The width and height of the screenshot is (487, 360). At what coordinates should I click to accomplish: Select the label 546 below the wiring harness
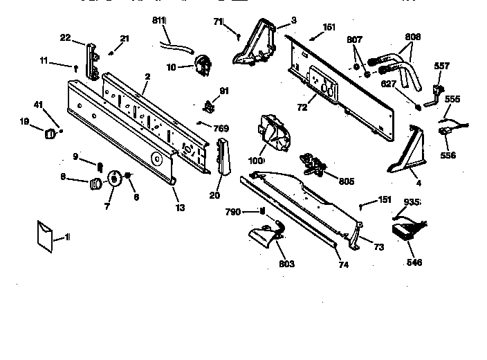(414, 262)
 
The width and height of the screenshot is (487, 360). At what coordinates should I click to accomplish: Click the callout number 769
(220, 128)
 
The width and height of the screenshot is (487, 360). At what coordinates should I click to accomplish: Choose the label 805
(346, 181)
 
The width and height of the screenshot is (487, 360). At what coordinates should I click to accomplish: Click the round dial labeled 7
(113, 181)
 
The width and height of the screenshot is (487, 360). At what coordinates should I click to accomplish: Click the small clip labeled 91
(207, 105)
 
